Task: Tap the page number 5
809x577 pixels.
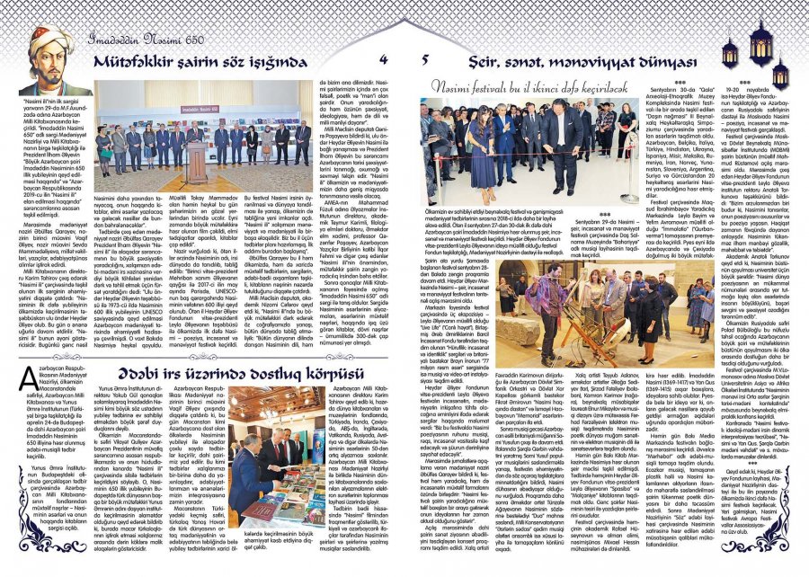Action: (x=424, y=60)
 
